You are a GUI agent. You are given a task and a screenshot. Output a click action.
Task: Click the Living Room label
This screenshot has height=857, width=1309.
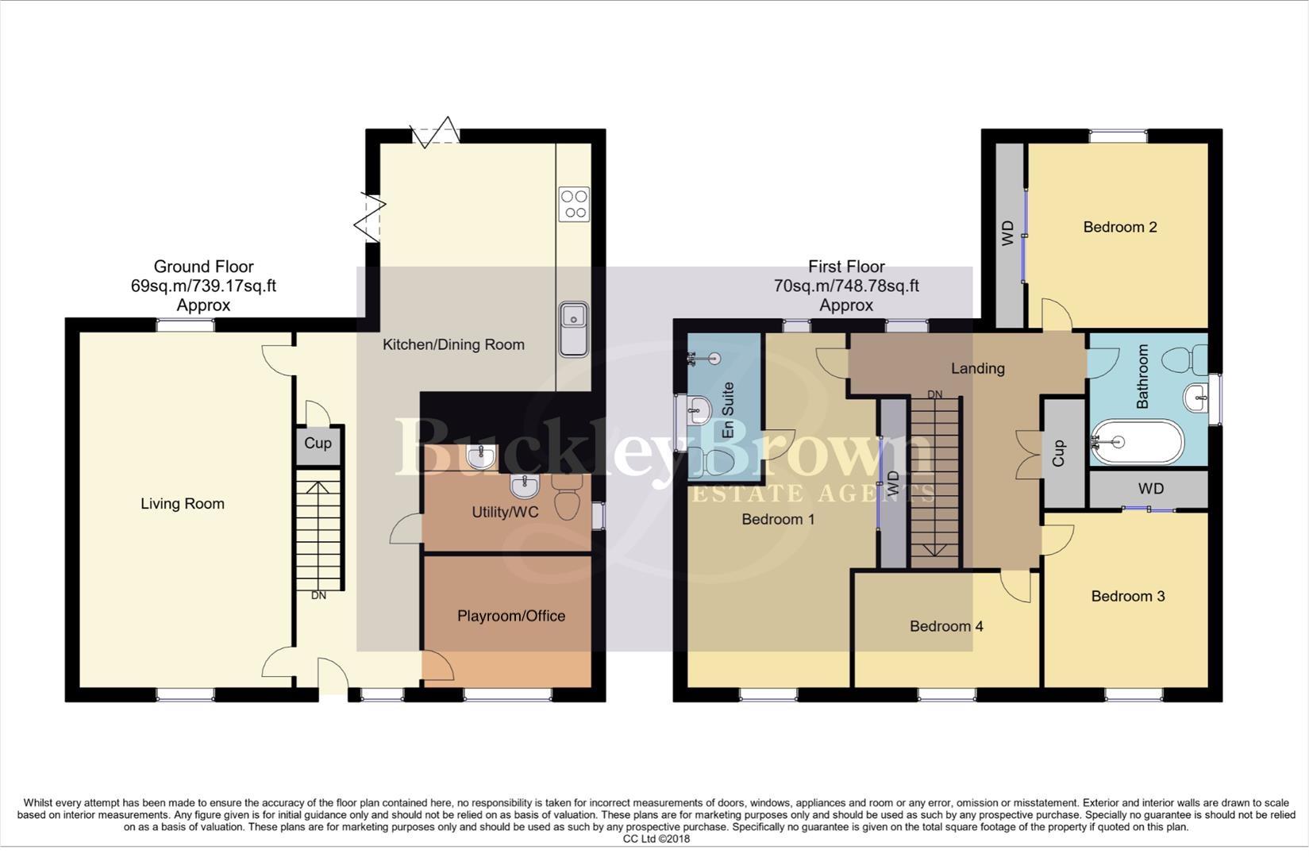[x=182, y=504]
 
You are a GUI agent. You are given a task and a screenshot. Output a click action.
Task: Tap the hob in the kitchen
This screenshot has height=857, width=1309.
[x=574, y=203]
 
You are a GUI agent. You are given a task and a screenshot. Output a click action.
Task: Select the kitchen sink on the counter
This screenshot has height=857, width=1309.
[x=573, y=328]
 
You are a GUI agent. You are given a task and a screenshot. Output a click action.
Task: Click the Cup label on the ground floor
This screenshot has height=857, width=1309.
[x=318, y=444]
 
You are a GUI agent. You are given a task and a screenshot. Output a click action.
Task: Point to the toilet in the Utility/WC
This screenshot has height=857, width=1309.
[x=568, y=497]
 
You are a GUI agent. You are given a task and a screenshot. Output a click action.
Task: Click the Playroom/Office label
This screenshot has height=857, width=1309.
[x=510, y=617]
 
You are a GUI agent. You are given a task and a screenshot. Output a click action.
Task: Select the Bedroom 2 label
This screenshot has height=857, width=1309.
[x=1119, y=228]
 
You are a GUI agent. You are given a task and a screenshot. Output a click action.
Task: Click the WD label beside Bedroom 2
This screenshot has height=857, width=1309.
[x=1008, y=233]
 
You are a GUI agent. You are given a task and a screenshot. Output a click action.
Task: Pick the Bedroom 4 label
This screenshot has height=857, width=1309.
[x=946, y=627]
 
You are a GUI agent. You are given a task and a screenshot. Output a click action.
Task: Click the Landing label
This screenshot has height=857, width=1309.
[x=977, y=368]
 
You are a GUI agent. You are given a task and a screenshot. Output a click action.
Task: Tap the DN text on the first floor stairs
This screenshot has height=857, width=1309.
[x=935, y=394]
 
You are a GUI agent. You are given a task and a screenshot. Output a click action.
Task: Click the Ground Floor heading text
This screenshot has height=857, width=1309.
[x=203, y=267]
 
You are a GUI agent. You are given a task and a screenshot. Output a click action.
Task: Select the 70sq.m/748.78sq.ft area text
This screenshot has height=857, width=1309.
[x=846, y=286]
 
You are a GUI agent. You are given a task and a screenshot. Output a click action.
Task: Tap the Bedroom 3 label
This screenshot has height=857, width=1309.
[x=1127, y=597]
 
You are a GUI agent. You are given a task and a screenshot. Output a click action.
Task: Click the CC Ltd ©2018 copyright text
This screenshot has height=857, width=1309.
[x=656, y=839]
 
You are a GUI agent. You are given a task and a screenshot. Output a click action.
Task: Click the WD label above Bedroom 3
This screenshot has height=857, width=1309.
[x=1150, y=489]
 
